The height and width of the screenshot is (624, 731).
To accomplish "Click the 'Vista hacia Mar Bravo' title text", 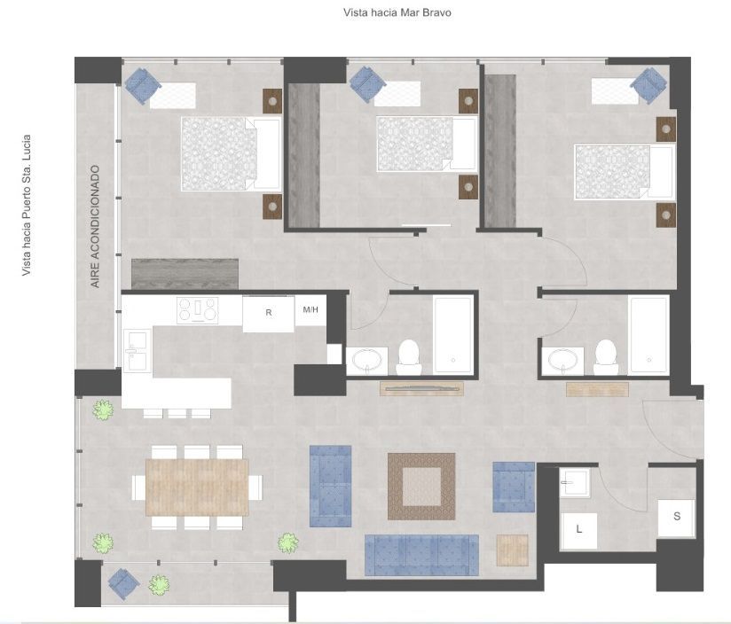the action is (397, 12).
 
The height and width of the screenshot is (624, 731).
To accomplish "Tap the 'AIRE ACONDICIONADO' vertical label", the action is (95, 226).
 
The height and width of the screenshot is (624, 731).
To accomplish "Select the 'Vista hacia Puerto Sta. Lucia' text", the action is (27, 206).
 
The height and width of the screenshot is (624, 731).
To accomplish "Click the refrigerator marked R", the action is (269, 314).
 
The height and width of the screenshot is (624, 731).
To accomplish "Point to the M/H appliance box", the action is (310, 310).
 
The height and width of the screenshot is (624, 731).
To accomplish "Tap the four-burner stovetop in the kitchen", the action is (198, 309).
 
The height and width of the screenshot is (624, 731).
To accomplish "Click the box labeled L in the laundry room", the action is (579, 530).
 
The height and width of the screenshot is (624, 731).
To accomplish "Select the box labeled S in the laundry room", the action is (677, 518).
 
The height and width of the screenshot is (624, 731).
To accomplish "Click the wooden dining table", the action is (197, 487).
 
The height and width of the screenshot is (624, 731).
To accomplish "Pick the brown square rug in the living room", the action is (421, 486).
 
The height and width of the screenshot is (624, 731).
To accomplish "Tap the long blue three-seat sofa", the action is (421, 555).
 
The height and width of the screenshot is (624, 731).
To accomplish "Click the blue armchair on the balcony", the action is (123, 584).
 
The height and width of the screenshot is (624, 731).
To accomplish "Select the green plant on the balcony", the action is (159, 584).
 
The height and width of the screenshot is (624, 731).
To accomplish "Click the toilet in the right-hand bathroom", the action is (606, 357).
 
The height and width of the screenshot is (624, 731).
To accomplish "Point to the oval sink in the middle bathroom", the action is (366, 360).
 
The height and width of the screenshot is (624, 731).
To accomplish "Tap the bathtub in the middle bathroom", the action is (452, 335).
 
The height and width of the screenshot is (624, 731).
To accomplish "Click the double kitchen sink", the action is (137, 350).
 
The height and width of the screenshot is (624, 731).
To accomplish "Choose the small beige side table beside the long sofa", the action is (513, 550).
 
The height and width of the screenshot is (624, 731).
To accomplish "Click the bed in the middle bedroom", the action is (426, 144).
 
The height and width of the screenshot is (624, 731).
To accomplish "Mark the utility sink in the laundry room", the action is (575, 482).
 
